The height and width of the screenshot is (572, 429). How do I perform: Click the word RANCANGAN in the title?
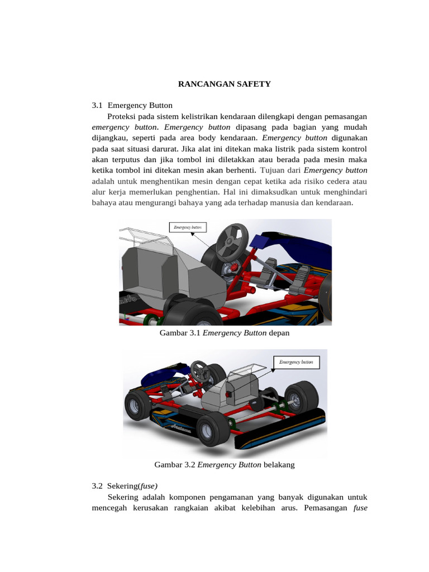[204, 84]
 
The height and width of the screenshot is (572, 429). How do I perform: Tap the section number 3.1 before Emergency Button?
[98, 105]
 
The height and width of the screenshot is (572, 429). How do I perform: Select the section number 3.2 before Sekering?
[98, 486]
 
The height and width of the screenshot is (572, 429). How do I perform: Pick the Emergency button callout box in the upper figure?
[188, 227]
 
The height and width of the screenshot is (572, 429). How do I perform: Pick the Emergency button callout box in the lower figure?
[295, 362]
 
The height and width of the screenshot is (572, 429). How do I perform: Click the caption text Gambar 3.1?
[180, 333]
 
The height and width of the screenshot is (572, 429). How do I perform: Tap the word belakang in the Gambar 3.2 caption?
[279, 465]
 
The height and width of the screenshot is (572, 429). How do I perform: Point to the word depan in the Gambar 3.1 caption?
[279, 333]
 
